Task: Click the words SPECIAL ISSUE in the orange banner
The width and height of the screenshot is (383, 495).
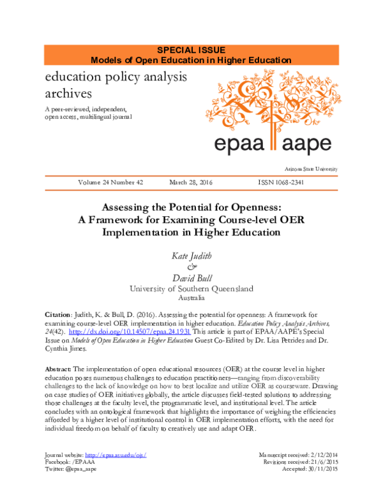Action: click(x=191, y=50)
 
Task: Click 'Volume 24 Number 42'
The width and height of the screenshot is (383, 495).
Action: click(x=110, y=182)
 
